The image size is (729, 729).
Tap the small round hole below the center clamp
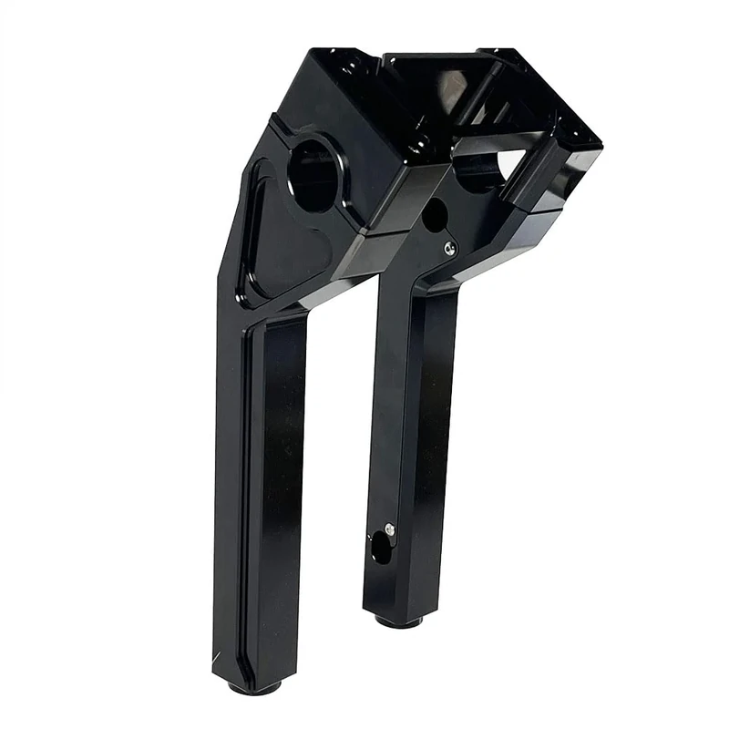click(435, 215)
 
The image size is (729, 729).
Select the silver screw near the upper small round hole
click(450, 246)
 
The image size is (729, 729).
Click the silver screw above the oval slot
click(389, 529)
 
